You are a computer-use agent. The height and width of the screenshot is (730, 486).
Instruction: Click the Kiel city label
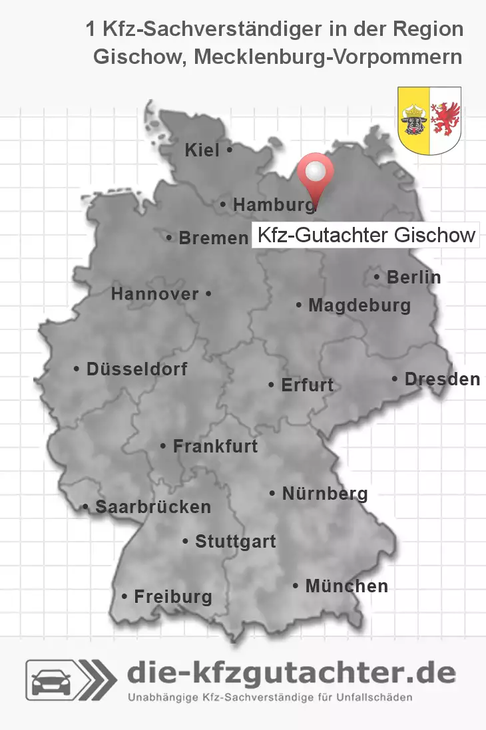(x=202, y=151)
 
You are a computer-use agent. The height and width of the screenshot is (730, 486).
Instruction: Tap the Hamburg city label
(x=274, y=206)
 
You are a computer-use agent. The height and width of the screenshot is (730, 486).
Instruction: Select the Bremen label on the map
(x=213, y=238)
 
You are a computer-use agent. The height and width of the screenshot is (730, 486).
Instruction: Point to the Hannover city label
(x=154, y=293)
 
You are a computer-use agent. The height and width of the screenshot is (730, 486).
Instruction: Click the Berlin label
(x=413, y=277)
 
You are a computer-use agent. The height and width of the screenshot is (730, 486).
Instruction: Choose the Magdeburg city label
(x=360, y=306)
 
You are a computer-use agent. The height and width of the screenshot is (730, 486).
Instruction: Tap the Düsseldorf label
(x=136, y=369)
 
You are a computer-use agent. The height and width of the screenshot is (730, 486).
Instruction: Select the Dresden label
(x=442, y=379)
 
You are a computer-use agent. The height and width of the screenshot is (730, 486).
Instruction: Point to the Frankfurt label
(x=215, y=447)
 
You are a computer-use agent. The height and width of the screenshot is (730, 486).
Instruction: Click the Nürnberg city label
(x=325, y=494)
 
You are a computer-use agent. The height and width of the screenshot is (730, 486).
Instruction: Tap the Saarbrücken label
(x=153, y=507)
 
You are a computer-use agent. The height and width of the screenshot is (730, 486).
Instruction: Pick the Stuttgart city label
(x=235, y=542)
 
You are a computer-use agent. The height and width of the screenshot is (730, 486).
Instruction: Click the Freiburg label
(x=173, y=597)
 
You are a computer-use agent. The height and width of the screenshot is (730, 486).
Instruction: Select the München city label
(x=346, y=586)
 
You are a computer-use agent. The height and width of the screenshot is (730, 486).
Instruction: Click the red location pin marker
(x=316, y=172)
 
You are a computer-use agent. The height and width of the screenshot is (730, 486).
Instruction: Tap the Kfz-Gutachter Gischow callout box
(x=365, y=235)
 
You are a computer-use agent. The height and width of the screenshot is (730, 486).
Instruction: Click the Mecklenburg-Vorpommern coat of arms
(x=429, y=120)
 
